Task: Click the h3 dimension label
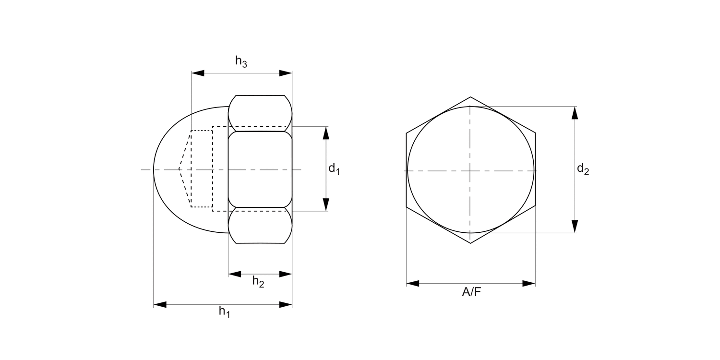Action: (x=241, y=62)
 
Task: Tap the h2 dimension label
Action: (x=258, y=282)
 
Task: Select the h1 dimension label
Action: (x=224, y=312)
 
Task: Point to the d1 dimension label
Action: (x=334, y=169)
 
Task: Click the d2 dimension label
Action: (x=583, y=169)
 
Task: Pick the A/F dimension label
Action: (x=471, y=292)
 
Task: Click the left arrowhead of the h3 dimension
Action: (x=198, y=73)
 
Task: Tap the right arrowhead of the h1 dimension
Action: (x=286, y=304)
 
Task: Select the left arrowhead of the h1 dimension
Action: (x=160, y=304)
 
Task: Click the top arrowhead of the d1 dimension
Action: (x=326, y=132)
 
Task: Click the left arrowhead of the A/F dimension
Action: (x=413, y=283)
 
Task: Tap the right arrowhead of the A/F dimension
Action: (x=529, y=283)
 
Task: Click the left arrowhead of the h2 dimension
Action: (x=234, y=274)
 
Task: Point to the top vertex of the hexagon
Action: (x=470, y=97)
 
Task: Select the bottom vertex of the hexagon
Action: (x=470, y=243)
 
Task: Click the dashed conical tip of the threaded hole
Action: (x=180, y=169)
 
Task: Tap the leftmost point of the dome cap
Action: (x=154, y=169)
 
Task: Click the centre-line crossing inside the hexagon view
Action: (x=470, y=170)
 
